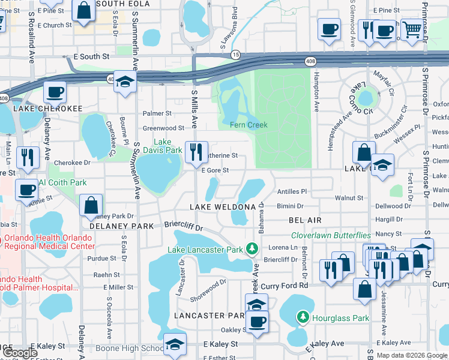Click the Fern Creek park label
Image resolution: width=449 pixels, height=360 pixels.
coord(249,125)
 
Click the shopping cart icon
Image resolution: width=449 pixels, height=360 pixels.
coord(412,29)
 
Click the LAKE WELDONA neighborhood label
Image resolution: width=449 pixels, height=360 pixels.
coord(223,206)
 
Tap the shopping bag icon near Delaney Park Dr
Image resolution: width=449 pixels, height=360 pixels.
coord(90,205)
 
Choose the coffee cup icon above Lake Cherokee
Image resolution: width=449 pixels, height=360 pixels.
coord(55,93)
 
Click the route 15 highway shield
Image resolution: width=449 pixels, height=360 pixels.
coord(236,54)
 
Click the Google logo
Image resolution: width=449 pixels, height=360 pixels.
coord(20,353)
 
